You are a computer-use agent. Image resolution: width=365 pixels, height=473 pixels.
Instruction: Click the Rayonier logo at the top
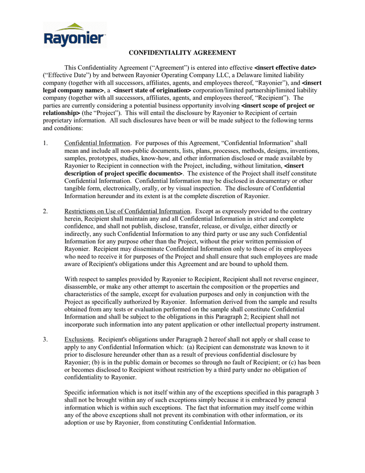tap(74, 35)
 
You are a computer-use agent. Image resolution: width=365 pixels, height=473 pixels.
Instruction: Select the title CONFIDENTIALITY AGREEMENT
tap(182, 53)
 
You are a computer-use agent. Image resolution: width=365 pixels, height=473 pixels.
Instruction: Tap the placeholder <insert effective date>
tap(285, 68)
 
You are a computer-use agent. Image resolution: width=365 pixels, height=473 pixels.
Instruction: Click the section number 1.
tap(46, 143)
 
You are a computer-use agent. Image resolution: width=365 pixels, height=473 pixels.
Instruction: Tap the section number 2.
tap(46, 211)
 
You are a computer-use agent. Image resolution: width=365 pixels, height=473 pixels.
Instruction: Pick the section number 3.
tap(46, 340)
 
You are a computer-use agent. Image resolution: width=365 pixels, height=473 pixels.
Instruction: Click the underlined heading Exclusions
tap(79, 340)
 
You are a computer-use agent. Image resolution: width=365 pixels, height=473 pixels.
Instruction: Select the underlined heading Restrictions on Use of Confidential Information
tap(127, 211)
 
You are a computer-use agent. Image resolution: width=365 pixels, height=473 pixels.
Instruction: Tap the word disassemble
tap(82, 287)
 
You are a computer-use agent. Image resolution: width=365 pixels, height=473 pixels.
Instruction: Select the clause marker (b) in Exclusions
tap(93, 363)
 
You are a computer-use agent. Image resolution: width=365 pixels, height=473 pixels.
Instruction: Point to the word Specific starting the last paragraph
tap(77, 393)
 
